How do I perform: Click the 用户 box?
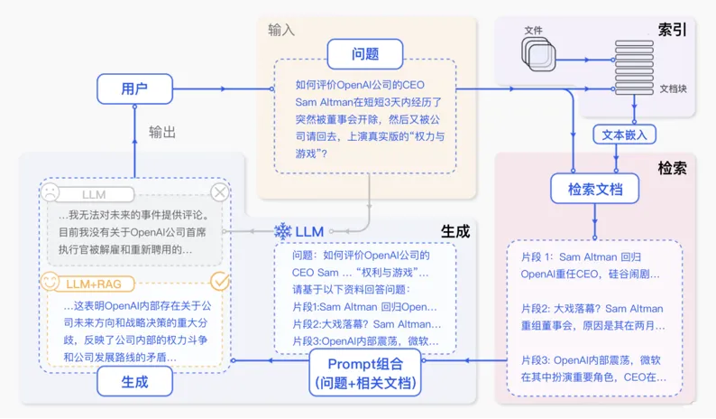point(134,88)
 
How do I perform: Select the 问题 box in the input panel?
point(365,54)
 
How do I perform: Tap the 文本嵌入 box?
point(624,135)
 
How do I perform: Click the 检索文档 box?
point(594,189)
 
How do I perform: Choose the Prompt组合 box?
point(365,373)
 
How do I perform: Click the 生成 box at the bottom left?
point(134,381)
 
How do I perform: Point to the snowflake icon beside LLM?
point(282,231)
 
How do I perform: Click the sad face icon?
point(50,192)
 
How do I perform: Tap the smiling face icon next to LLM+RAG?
point(50,282)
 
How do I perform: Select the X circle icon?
point(220,192)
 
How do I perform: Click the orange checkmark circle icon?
point(220,282)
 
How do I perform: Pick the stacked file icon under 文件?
point(539,54)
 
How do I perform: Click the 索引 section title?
point(672,30)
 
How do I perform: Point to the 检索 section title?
point(672,168)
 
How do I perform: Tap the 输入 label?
point(281,30)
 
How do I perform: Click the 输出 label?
point(162,132)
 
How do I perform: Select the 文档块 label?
point(673,88)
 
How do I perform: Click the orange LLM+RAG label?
point(94,284)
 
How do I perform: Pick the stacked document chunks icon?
point(634,67)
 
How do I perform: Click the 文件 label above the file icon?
point(533,30)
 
